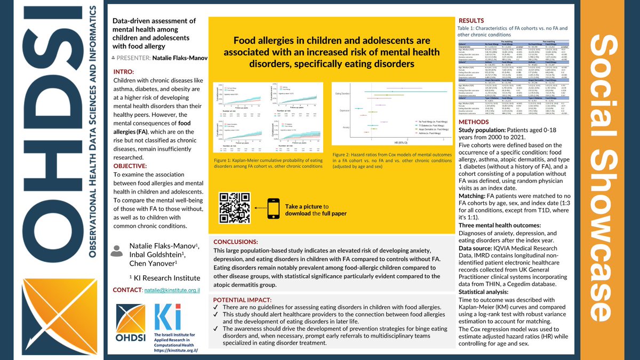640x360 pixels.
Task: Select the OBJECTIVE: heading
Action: (x=134, y=166)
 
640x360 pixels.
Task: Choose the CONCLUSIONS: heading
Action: (x=236, y=242)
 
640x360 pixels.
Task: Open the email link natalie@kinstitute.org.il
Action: (x=172, y=290)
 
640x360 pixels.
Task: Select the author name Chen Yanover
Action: (x=152, y=264)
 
